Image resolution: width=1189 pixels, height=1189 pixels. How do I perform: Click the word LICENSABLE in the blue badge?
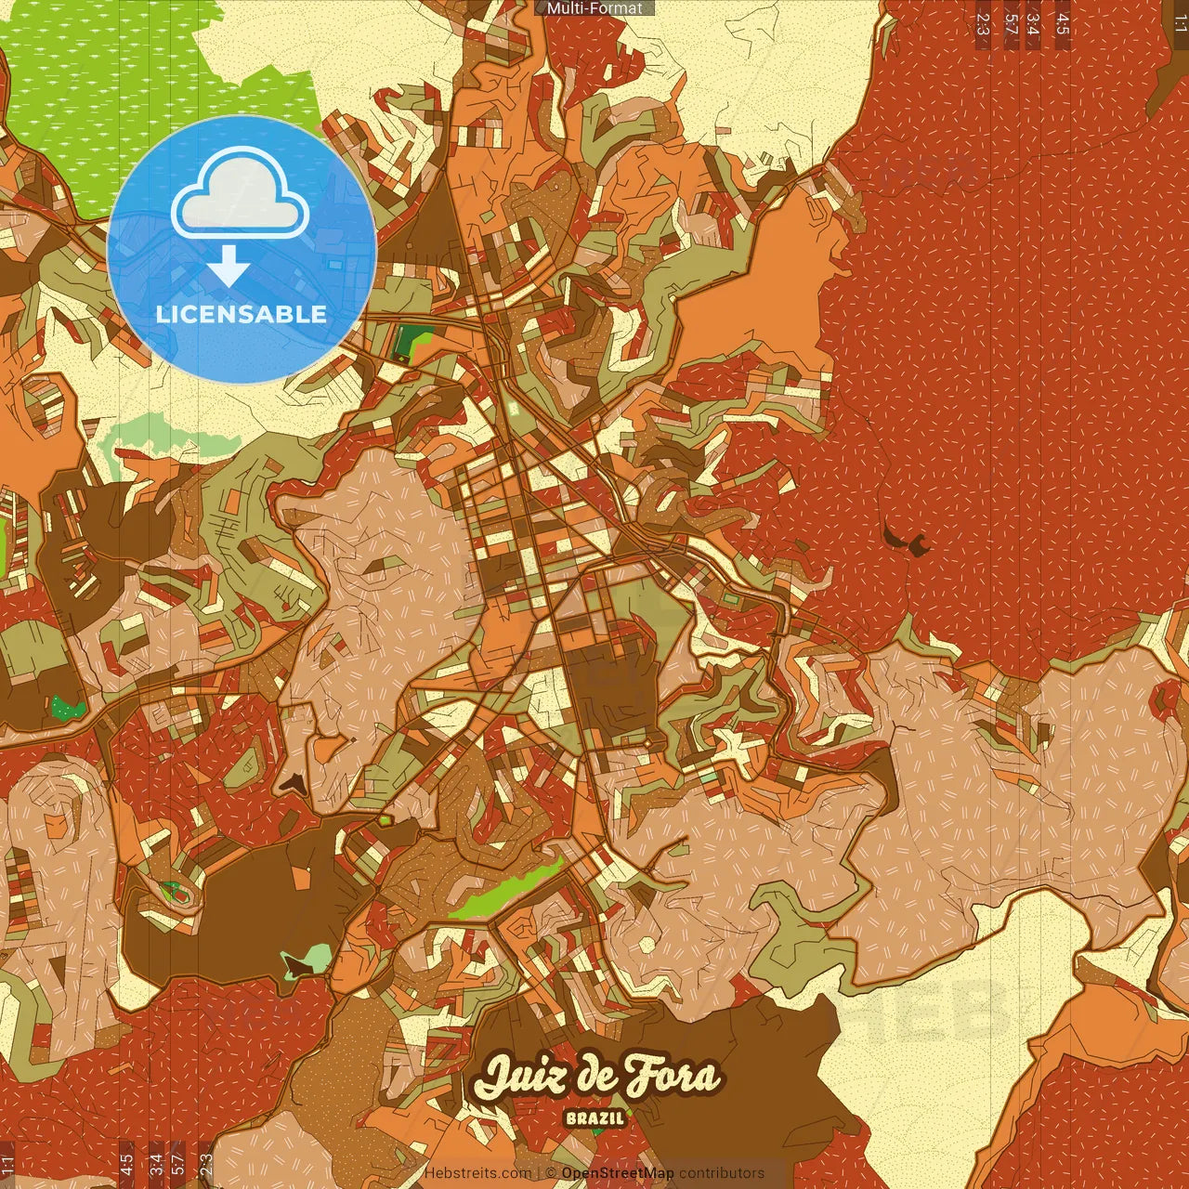(242, 314)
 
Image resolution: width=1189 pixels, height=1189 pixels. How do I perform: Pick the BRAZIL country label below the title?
(595, 1118)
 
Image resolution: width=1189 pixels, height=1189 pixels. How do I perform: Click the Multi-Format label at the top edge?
(594, 8)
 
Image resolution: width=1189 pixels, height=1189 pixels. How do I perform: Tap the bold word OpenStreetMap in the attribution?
(618, 1173)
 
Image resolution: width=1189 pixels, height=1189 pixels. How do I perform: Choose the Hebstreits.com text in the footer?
(477, 1173)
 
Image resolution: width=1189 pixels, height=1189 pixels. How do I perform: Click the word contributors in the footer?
(722, 1173)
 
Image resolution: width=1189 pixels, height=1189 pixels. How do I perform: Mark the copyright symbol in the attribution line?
(551, 1173)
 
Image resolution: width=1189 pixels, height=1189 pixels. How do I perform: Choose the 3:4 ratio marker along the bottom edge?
(155, 1164)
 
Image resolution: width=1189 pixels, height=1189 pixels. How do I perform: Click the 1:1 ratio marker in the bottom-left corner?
(7, 1164)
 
